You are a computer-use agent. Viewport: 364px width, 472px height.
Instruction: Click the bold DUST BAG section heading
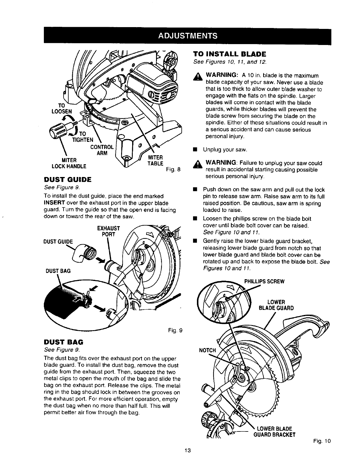pyautogui.click(x=63, y=341)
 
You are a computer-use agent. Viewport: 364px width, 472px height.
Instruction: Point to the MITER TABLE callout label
pyautogui.click(x=155, y=160)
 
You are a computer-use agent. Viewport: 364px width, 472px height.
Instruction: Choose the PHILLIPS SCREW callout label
pyautogui.click(x=264, y=282)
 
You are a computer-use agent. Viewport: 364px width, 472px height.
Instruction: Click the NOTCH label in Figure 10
pyautogui.click(x=207, y=350)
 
